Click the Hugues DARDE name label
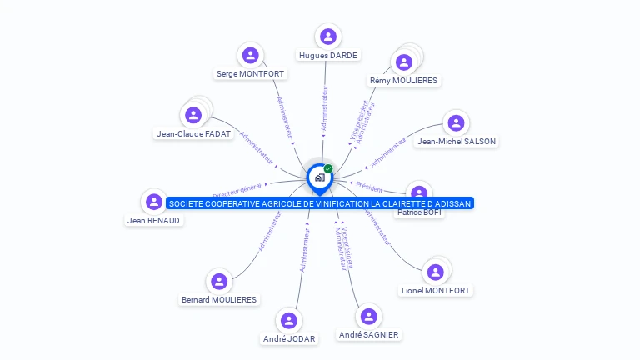(327, 56)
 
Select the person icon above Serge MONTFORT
(250, 56)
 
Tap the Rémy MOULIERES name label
(404, 81)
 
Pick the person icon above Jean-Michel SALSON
(456, 123)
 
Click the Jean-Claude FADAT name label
(193, 133)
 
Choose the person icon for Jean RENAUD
(153, 202)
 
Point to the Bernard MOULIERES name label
(219, 300)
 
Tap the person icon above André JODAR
(289, 321)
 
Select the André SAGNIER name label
(368, 335)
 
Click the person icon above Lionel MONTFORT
(434, 272)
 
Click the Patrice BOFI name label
(420, 213)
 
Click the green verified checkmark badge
(328, 169)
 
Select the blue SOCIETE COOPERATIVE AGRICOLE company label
(320, 203)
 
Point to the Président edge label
(368, 187)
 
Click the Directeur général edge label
(237, 191)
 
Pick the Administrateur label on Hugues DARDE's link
(324, 109)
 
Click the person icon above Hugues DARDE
(327, 37)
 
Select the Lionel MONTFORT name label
(435, 291)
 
